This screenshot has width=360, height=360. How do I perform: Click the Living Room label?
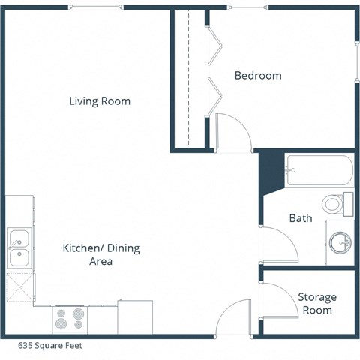pos(100,100)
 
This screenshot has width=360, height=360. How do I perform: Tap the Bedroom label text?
pos(258,75)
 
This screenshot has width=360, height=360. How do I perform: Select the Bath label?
pos(300,218)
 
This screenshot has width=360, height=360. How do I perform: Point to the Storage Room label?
pos(317,304)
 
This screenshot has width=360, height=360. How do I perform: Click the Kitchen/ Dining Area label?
pos(90,254)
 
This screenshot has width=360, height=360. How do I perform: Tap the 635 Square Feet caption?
pos(50,346)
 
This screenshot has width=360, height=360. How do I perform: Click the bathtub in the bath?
pos(318,171)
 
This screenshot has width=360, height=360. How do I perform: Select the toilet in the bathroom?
pos(338,203)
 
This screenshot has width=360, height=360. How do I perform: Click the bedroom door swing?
pos(232,132)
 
